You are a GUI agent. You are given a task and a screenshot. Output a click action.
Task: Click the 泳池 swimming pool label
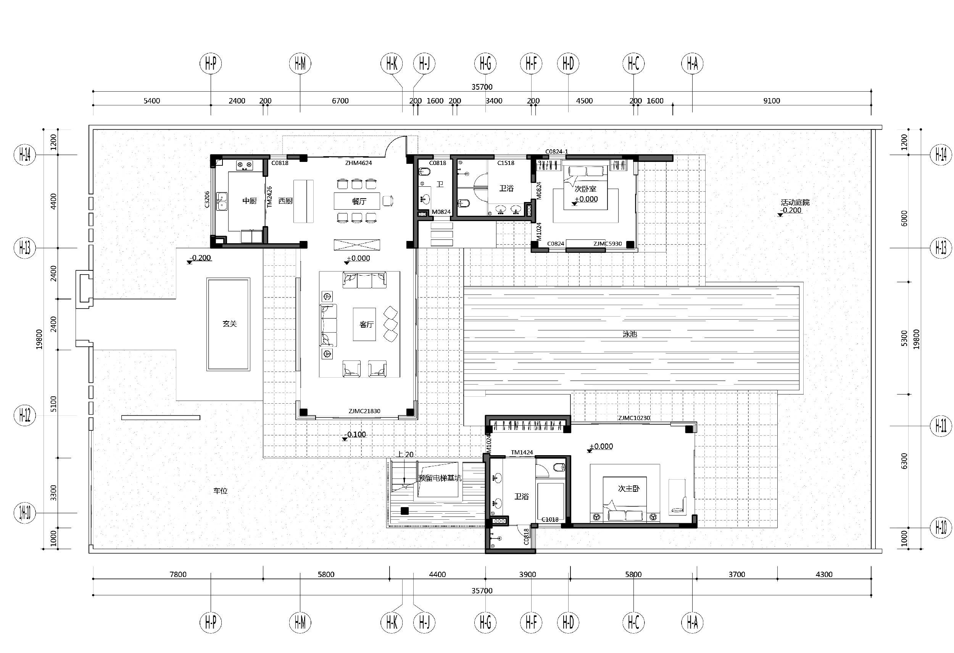[x=630, y=334]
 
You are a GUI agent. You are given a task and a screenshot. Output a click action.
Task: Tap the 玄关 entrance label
[x=230, y=323]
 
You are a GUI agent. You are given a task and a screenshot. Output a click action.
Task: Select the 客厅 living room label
[x=367, y=325]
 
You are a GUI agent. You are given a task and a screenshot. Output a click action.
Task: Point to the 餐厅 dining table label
[x=359, y=201]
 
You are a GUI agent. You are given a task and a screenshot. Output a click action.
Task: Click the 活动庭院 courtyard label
[x=795, y=202]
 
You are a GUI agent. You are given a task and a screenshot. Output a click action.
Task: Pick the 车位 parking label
[x=221, y=491]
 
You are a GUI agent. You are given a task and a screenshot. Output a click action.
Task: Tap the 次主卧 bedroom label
[x=629, y=488]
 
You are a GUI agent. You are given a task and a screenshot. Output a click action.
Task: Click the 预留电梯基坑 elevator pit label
[x=440, y=478]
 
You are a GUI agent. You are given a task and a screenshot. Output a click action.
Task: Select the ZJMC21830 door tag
[x=364, y=411]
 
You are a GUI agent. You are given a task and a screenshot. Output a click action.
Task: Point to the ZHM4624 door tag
[x=358, y=163]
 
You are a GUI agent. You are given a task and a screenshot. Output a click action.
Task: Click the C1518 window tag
[x=506, y=163]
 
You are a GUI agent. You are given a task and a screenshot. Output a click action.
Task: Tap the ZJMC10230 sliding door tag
[x=634, y=418]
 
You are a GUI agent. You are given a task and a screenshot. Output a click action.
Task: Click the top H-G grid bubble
[x=485, y=63]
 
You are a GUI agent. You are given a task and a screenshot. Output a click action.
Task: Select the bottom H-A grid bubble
[x=693, y=622]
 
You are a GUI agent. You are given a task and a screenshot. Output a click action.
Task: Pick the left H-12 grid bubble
[x=25, y=415]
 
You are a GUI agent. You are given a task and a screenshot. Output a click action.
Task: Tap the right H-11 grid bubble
[x=941, y=426]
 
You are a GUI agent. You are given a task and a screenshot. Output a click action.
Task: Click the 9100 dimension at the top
[x=771, y=100]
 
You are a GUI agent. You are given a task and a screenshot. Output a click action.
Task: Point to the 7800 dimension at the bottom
[x=178, y=574]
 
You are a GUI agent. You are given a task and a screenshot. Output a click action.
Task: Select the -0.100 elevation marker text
[x=356, y=434]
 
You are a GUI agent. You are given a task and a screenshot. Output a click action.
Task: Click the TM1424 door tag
[x=522, y=452]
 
